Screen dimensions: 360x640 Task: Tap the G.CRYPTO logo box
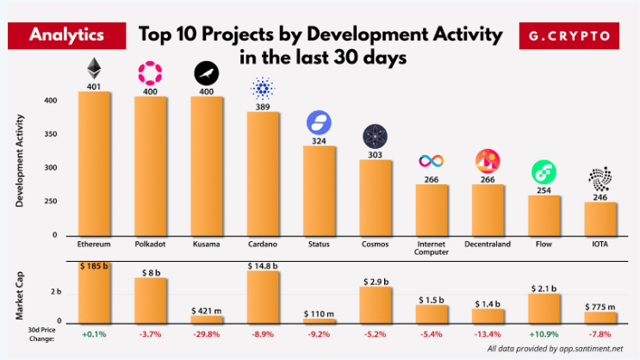pos(569,36)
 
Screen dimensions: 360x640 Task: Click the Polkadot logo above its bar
pos(150,73)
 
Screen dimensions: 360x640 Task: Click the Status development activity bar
pos(319,191)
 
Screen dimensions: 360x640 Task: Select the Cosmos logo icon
pos(376,136)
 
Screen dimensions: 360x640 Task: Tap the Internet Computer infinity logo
pos(431,161)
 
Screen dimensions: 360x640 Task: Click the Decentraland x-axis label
pos(487,245)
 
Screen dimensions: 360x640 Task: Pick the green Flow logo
pos(543,171)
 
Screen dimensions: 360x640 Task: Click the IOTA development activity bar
pos(600,219)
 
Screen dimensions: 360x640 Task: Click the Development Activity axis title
pos(19,163)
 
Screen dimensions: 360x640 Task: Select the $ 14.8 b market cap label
pos(262,266)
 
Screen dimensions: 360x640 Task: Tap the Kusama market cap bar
pos(206,319)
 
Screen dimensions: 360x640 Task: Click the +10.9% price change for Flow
pos(543,333)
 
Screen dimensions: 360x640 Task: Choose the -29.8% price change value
pos(206,333)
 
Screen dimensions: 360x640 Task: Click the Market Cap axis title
pos(19,293)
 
